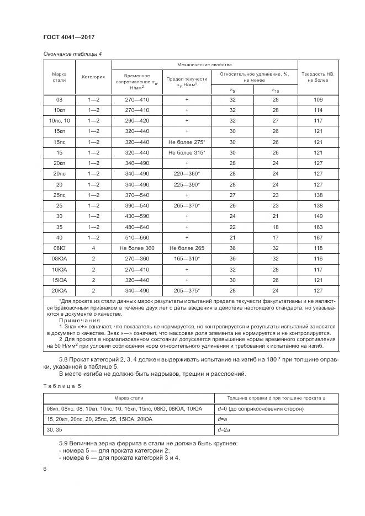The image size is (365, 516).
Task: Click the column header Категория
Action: (93, 77)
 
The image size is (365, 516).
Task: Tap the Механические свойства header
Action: (204, 65)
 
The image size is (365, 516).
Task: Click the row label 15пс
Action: (59, 142)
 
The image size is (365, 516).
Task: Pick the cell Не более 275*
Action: (187, 142)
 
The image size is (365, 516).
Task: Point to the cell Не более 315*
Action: (187, 152)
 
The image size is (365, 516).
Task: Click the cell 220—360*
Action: (187, 174)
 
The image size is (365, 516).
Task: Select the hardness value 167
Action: (318, 237)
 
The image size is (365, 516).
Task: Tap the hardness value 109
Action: (318, 99)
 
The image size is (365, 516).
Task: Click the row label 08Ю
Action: (59, 248)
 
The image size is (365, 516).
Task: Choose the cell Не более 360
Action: (136, 248)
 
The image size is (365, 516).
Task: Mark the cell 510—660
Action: (136, 237)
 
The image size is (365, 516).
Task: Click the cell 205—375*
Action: (187, 290)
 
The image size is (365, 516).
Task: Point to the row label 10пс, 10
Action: (59, 120)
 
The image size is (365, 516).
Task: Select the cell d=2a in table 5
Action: (224, 429)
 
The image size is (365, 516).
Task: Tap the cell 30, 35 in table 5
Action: (54, 429)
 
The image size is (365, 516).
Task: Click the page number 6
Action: (45, 469)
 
